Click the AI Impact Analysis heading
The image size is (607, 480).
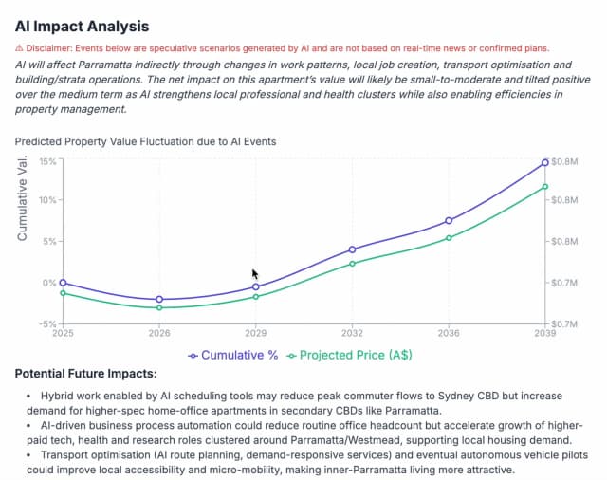point(82,27)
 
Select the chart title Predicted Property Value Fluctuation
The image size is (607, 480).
point(145,141)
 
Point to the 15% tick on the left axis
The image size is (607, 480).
point(46,161)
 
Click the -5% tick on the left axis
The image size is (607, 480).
point(46,323)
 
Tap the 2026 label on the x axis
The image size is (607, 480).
point(159,334)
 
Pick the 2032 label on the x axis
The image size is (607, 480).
point(352,334)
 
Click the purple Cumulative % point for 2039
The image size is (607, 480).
point(544,162)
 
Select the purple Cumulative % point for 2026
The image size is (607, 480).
point(159,299)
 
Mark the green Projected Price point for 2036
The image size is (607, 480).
point(449,237)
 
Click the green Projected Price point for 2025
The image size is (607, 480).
point(63,293)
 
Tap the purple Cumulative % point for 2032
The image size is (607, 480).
point(352,249)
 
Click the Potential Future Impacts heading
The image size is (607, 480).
point(85,375)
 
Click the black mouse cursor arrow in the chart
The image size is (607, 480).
point(255,273)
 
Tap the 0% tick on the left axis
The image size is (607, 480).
point(48,283)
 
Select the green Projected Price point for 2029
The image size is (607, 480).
point(255,297)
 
